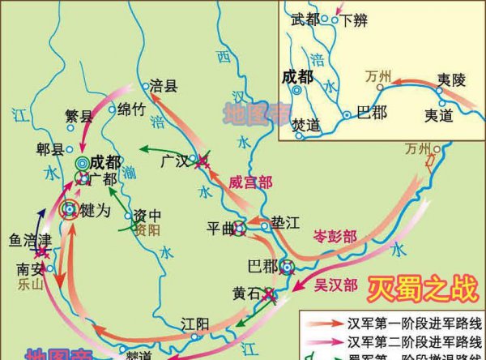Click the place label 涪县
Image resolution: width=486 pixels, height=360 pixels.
click(164, 84)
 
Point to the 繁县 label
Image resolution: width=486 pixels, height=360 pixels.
click(79, 116)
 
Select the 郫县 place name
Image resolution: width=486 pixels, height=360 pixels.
click(51, 149)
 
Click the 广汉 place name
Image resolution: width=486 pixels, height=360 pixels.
click(174, 161)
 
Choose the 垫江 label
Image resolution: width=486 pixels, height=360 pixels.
click(284, 222)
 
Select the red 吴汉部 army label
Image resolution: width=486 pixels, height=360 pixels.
click(335, 285)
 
